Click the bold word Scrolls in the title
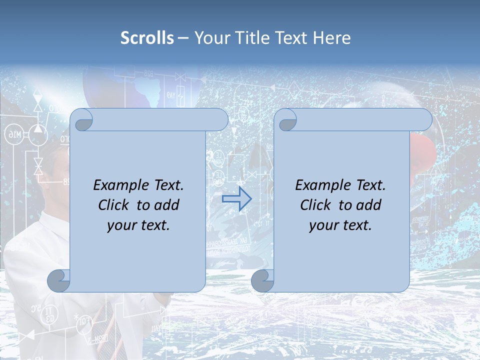[x=147, y=38]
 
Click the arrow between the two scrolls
[x=237, y=198]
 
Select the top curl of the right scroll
[x=286, y=120]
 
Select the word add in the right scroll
[x=369, y=205]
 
